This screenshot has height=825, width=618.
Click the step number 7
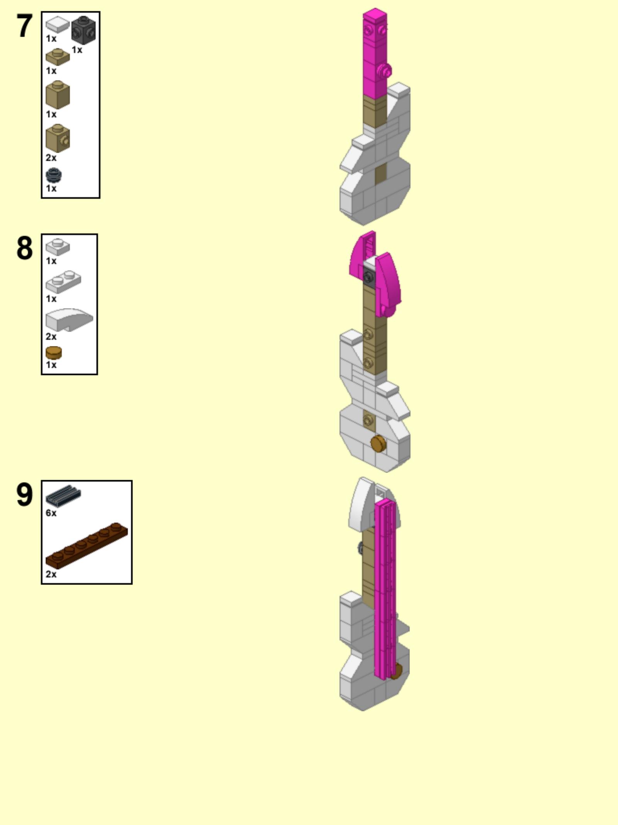pyautogui.click(x=24, y=26)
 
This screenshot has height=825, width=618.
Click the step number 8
pyautogui.click(x=24, y=248)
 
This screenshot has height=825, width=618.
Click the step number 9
pyautogui.click(x=24, y=494)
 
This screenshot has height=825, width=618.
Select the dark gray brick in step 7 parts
pyautogui.click(x=83, y=30)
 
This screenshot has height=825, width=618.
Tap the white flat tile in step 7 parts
pyautogui.click(x=58, y=24)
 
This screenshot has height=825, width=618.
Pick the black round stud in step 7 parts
pyautogui.click(x=54, y=175)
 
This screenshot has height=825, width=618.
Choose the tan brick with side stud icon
pyautogui.click(x=58, y=138)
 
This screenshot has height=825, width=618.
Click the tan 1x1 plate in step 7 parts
pyautogui.click(x=58, y=57)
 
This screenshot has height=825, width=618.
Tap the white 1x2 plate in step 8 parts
pyautogui.click(x=63, y=281)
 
